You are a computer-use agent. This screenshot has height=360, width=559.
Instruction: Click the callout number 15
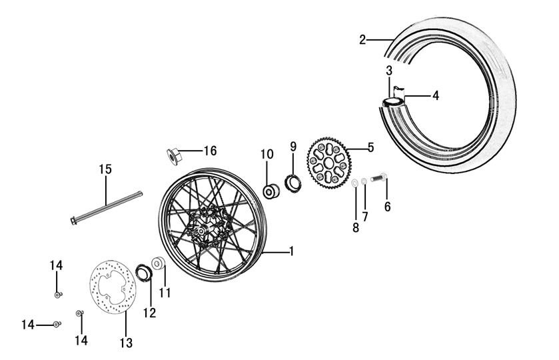[x=106, y=169]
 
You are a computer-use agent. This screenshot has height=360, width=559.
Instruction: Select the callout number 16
[x=209, y=151]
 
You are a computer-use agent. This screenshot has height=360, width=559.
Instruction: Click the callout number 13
[x=126, y=343]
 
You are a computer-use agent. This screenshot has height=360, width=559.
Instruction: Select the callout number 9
[x=292, y=146]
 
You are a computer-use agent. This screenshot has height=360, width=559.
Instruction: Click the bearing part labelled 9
[x=292, y=182]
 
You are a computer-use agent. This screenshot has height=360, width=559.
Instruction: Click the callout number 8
[x=355, y=228]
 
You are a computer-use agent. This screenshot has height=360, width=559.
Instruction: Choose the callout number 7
[x=365, y=217]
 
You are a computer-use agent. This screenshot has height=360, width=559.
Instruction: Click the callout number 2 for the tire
[x=362, y=39]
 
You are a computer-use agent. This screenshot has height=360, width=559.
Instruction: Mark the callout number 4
[x=435, y=96]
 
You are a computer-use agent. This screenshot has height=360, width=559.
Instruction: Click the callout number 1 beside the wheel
[x=290, y=251]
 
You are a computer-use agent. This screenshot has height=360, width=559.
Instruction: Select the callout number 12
[x=149, y=312]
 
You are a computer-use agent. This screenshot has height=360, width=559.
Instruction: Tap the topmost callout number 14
[x=56, y=265]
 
